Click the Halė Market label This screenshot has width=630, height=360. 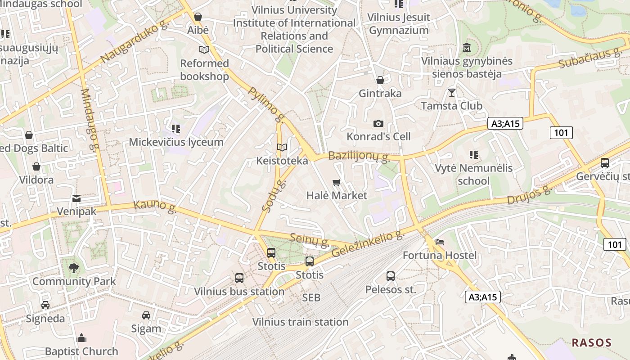click(x=337, y=195)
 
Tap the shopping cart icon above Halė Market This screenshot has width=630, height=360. click(x=337, y=182)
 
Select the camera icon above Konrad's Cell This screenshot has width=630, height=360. click(x=378, y=123)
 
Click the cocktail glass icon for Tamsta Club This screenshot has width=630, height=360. click(x=452, y=93)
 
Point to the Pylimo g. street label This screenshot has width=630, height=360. click(x=267, y=105)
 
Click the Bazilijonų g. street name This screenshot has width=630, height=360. click(x=359, y=156)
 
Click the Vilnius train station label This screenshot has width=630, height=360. click(x=300, y=322)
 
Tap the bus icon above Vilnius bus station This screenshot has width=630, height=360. click(x=239, y=278)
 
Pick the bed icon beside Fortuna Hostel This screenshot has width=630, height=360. click(x=440, y=242)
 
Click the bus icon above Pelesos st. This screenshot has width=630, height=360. click(x=391, y=276)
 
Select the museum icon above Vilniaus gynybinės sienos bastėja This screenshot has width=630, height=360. click(x=467, y=47)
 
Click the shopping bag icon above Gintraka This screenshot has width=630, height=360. click(x=380, y=80)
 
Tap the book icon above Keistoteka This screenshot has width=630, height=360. click(x=282, y=147)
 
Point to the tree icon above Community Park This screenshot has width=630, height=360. click(x=74, y=268)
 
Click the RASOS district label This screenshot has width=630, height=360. click(x=591, y=342)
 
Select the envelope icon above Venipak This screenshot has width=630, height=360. click(x=76, y=198)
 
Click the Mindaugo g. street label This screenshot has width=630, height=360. click(x=89, y=119)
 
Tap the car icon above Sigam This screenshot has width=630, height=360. click(x=146, y=315)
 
